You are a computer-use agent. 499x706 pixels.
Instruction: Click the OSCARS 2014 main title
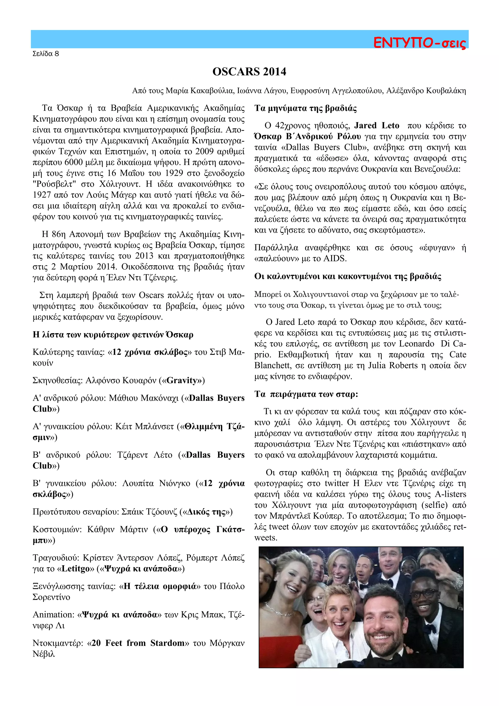click(249, 72)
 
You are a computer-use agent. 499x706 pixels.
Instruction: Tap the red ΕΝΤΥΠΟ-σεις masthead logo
click(419, 43)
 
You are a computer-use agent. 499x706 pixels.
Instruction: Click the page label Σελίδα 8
click(46, 54)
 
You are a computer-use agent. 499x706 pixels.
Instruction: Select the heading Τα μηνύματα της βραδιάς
click(306, 108)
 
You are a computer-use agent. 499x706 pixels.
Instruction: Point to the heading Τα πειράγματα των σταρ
click(306, 394)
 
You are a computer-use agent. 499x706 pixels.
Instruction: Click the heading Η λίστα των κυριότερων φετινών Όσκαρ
click(113, 334)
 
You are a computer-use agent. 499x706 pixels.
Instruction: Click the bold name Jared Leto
click(377, 126)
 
